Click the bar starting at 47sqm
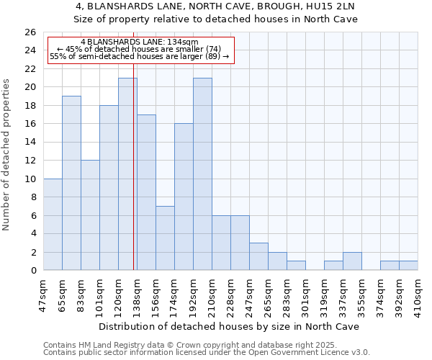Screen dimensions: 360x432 click(53, 224)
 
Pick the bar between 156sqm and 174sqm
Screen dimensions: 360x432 click(165, 238)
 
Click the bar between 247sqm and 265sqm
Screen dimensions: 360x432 click(258, 256)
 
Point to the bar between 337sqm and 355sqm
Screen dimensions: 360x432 click(352, 261)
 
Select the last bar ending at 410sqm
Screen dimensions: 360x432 click(408, 266)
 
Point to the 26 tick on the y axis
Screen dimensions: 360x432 click(30, 32)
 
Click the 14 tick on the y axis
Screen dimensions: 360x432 click(30, 143)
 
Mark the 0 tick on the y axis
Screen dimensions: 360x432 click(33, 271)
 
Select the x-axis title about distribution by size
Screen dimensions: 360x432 click(230, 326)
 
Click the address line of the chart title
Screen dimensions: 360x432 click(215, 6)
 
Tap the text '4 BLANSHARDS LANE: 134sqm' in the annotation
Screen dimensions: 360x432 click(139, 42)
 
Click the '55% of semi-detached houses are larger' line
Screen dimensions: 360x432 click(139, 56)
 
